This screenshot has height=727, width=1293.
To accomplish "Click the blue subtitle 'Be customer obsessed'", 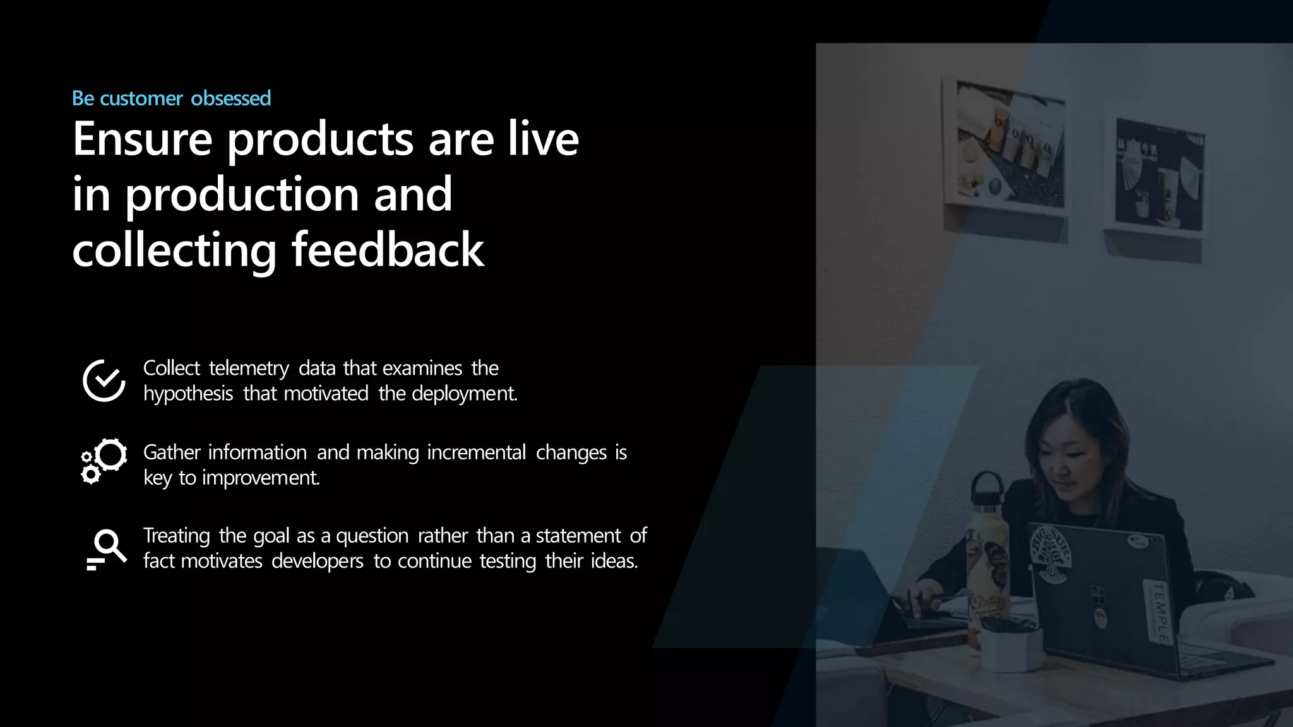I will [x=171, y=98].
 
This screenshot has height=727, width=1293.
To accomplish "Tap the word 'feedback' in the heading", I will [x=387, y=250].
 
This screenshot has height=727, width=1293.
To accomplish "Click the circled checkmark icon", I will [x=104, y=381].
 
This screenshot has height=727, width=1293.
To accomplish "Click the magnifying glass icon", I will [x=107, y=548].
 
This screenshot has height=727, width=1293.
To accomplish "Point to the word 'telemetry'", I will [x=249, y=368].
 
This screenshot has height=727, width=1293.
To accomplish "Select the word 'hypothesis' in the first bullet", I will [x=188, y=394].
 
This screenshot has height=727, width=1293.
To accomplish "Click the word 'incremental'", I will [x=476, y=452].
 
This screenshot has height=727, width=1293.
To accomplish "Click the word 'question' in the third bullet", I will [x=372, y=536].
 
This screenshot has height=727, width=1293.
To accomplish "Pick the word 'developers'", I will [x=318, y=561].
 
